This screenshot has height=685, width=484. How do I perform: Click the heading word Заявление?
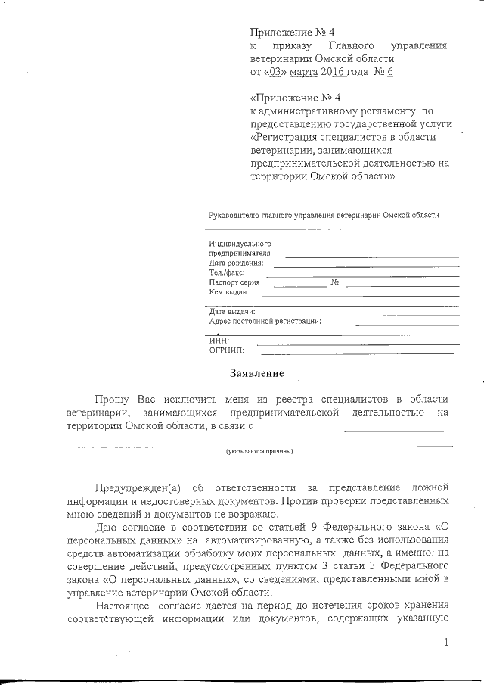pos(257,373)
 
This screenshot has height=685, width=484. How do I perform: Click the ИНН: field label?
pos(219,341)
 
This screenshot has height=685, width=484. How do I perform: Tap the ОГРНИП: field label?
pos(225,350)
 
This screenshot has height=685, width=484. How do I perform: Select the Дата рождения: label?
pos(236,263)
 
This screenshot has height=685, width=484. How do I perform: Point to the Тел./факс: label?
pos(227,272)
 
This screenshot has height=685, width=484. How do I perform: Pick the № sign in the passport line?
pos(334,282)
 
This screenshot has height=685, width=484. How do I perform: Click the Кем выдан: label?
pos(229,291)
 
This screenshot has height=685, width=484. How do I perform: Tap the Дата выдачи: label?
pos(232,311)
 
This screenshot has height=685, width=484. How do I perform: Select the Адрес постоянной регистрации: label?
pos(265,321)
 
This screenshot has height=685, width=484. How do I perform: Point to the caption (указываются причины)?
pos(259,452)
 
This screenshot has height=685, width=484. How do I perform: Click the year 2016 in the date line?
pos(333,73)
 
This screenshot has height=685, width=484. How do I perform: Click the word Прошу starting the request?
pos(111,399)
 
